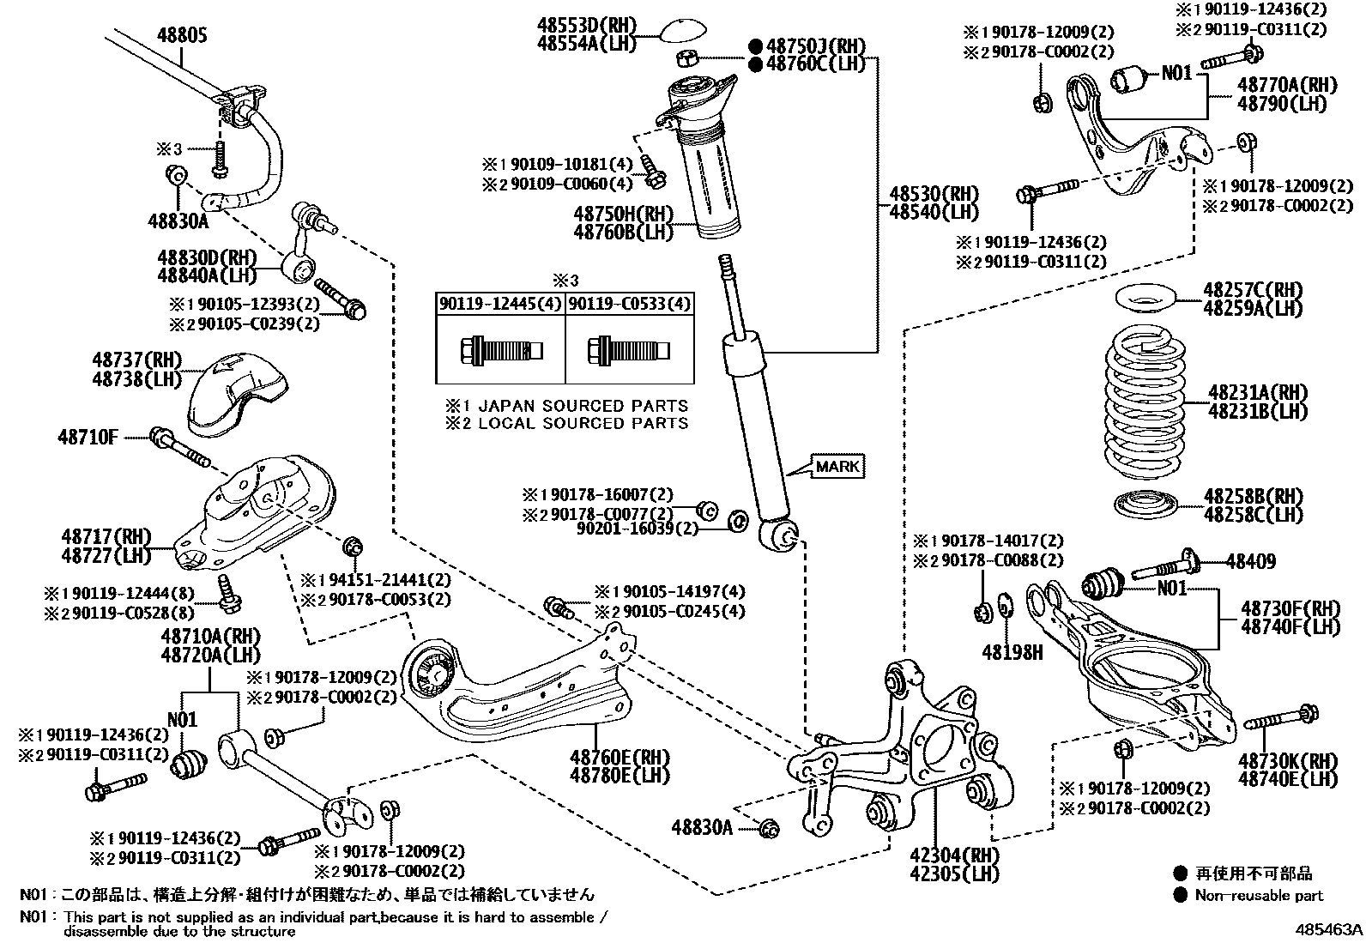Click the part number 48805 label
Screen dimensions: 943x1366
[x=181, y=36]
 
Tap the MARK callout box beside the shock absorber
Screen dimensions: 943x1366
[x=837, y=467]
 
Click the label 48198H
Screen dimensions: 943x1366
[x=1012, y=653]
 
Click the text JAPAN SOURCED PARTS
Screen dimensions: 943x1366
[x=583, y=405]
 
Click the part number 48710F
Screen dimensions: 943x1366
[x=88, y=437]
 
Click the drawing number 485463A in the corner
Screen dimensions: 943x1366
[x=1328, y=929]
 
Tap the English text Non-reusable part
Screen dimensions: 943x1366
[x=1260, y=896]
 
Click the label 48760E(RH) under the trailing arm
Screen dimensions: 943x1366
[x=619, y=759]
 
